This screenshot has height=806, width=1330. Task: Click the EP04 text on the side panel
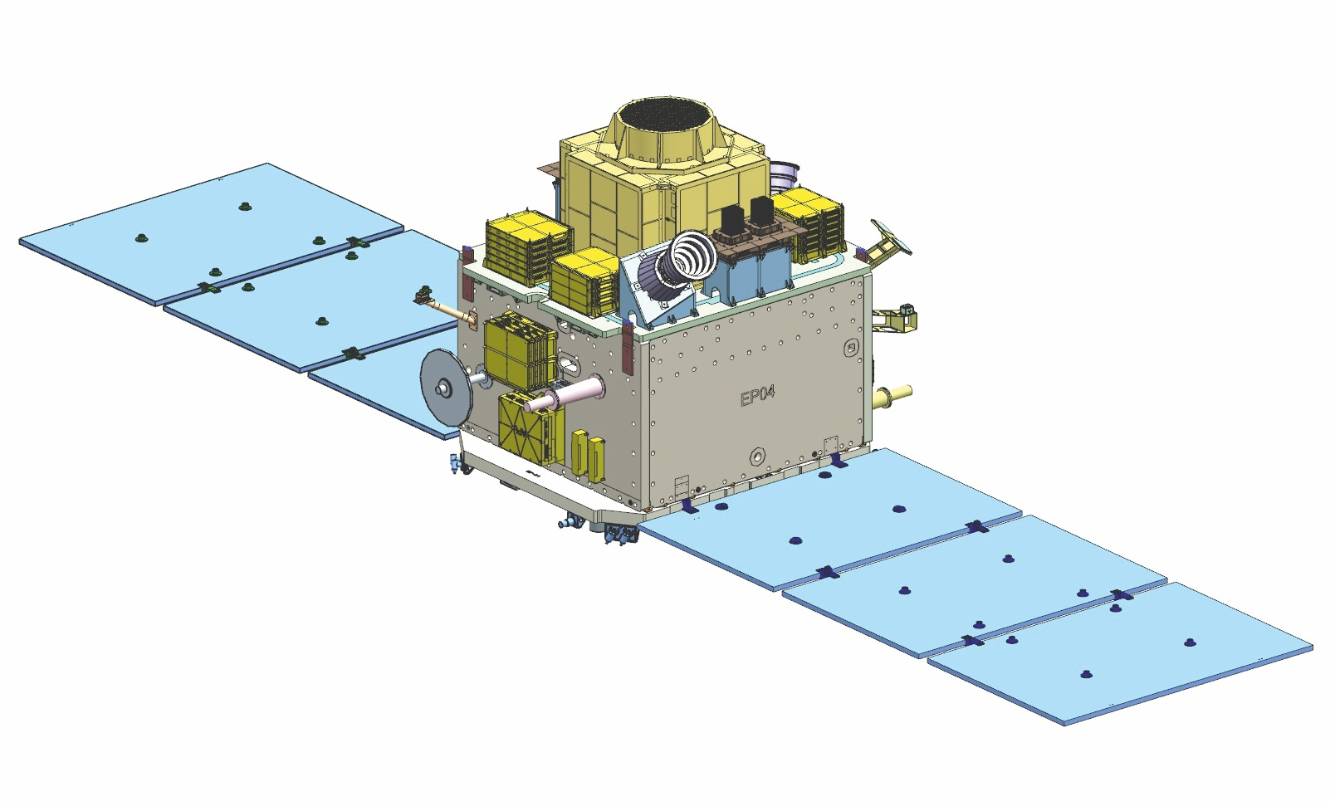(758, 395)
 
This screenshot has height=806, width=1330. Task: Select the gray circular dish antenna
(445, 386)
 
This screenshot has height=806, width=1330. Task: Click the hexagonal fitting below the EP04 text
(757, 456)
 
